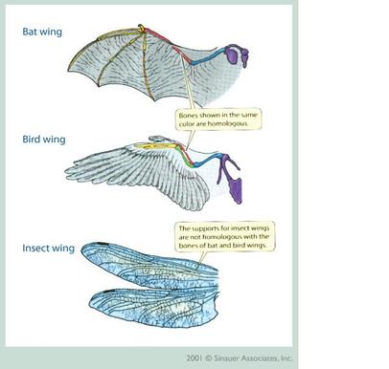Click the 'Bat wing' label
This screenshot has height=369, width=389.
[x=44, y=31]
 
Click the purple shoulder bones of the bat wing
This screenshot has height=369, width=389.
[x=232, y=58]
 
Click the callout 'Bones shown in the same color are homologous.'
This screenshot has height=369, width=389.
[x=218, y=119]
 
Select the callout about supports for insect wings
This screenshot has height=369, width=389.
[x=222, y=237]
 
